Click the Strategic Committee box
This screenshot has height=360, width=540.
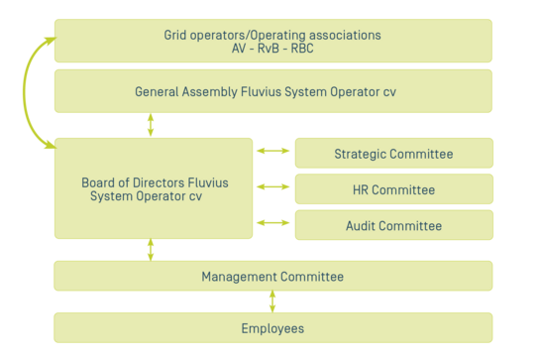click(x=393, y=154)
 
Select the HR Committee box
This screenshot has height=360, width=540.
click(x=393, y=189)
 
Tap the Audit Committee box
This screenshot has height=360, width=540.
click(x=393, y=225)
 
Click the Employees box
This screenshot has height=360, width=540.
click(x=272, y=328)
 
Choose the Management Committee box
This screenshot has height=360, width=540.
click(x=272, y=277)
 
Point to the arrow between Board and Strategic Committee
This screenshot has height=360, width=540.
click(x=273, y=152)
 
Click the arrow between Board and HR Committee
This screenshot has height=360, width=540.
click(x=273, y=186)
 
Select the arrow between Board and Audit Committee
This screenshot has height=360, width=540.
click(x=273, y=222)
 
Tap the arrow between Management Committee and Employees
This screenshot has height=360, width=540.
click(x=272, y=301)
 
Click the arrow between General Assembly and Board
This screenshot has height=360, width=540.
click(x=151, y=125)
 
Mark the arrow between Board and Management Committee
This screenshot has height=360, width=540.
click(x=151, y=249)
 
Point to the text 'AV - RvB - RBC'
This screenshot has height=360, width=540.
click(x=272, y=49)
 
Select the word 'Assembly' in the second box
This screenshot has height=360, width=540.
click(x=211, y=92)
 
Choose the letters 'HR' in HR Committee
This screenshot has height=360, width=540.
click(x=362, y=189)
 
